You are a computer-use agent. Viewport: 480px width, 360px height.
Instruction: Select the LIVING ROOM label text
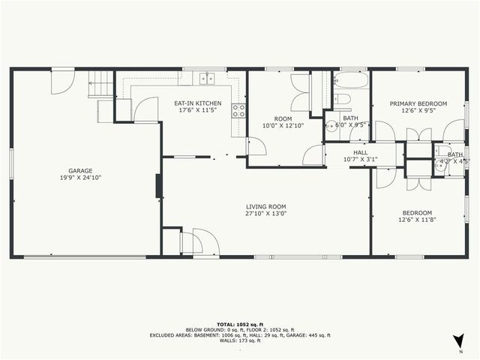click(x=266, y=206)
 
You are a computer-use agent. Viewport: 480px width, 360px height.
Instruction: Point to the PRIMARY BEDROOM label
click(x=418, y=103)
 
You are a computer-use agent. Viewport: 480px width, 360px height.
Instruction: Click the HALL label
click(x=350, y=151)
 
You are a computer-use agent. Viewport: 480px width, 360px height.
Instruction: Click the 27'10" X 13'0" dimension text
click(x=266, y=214)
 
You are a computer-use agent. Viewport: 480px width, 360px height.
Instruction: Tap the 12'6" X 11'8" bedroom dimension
click(x=416, y=220)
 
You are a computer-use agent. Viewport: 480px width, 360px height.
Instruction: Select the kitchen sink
click(x=206, y=77)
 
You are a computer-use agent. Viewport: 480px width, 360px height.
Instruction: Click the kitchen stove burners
click(x=238, y=111)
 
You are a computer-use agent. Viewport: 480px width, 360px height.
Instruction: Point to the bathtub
click(x=349, y=80)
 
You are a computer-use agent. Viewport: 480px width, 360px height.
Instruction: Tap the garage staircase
click(x=100, y=83)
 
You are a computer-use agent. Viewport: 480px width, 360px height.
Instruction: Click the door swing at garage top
click(x=62, y=81)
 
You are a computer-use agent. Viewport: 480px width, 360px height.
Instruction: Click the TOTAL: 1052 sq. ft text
click(x=240, y=324)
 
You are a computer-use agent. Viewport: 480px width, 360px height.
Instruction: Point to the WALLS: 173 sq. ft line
click(x=240, y=342)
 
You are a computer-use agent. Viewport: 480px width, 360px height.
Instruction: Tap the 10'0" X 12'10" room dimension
click(x=283, y=125)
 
